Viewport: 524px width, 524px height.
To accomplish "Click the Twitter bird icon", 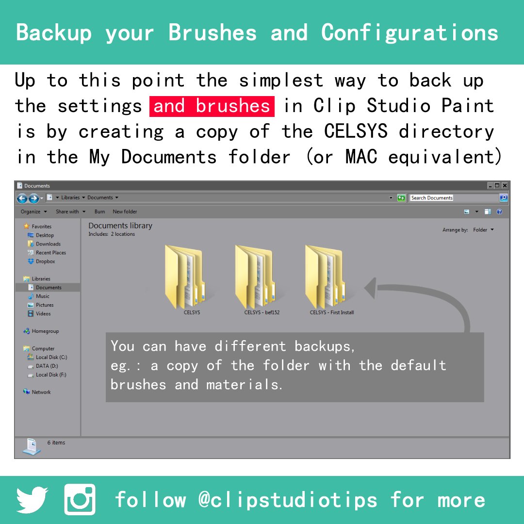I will click(33, 500).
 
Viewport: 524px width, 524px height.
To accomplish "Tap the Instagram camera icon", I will click(80, 500).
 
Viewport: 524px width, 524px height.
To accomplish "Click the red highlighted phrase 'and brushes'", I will click(212, 106).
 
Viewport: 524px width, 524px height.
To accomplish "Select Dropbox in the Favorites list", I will click(45, 262).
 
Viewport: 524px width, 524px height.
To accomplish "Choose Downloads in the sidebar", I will click(48, 244).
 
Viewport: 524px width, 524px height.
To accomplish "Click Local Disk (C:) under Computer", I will click(51, 357).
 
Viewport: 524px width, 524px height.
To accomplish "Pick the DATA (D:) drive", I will click(47, 366).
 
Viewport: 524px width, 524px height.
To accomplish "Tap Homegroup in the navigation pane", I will click(45, 331).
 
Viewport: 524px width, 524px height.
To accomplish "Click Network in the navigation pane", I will click(41, 392).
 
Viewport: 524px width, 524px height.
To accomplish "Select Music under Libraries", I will click(42, 296).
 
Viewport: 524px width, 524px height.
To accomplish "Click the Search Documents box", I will click(454, 198).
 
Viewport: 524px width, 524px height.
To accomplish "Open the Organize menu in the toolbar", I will click(33, 212).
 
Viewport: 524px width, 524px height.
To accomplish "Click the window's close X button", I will click(505, 186).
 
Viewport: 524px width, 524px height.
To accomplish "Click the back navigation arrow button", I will click(22, 198).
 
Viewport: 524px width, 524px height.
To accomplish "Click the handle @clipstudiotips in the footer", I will click(287, 500).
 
